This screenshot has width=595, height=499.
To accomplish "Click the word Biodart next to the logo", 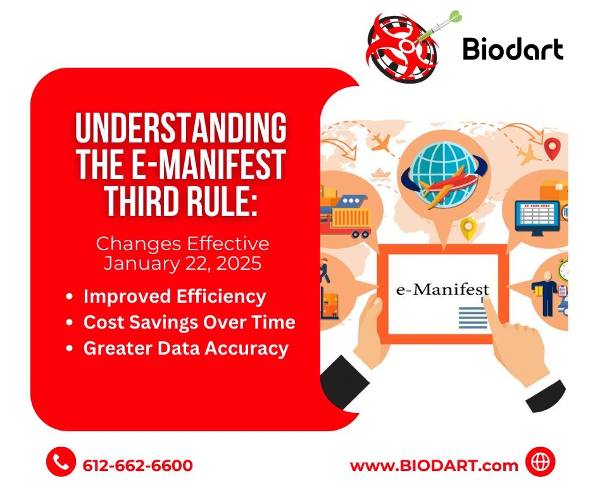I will pyautogui.click(x=513, y=48).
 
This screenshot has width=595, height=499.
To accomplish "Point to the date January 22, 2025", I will pyautogui.click(x=182, y=263).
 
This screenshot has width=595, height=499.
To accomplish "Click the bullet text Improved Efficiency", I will pyautogui.click(x=175, y=296).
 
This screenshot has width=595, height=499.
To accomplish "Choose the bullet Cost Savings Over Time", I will pyautogui.click(x=189, y=322).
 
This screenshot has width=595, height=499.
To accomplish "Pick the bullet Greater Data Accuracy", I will pyautogui.click(x=185, y=348).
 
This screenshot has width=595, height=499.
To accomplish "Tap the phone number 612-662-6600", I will pyautogui.click(x=137, y=465).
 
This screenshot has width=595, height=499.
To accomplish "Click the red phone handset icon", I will pyautogui.click(x=61, y=463).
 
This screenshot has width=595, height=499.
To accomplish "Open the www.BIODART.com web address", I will pyautogui.click(x=434, y=465).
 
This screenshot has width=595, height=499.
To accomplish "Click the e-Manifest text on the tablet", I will pyautogui.click(x=442, y=289).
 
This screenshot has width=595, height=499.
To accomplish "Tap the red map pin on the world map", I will pyautogui.click(x=553, y=149).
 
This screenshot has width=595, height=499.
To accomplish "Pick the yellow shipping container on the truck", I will pyautogui.click(x=351, y=219).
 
